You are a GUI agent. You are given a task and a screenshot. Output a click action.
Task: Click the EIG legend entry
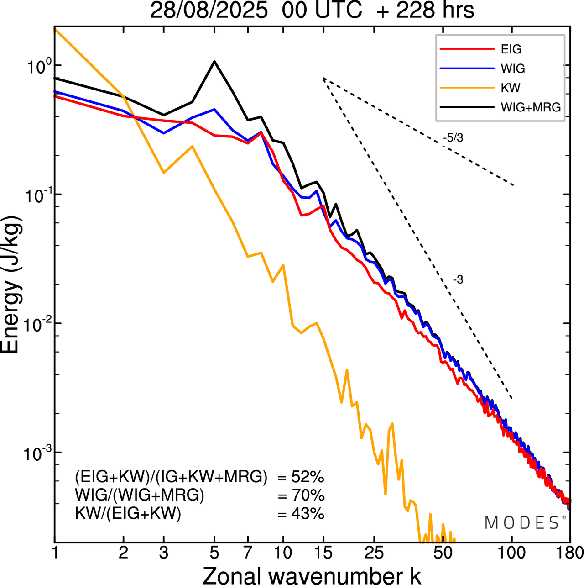click(511, 49)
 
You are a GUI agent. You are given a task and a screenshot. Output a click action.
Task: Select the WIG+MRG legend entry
click(530, 107)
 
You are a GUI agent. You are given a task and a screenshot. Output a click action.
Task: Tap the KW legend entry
click(510, 88)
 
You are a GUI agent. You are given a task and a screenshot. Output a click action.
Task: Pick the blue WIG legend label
click(512, 69)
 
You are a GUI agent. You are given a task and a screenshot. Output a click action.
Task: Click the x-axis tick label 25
click(374, 553)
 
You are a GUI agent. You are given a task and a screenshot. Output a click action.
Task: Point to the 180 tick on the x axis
click(570, 553)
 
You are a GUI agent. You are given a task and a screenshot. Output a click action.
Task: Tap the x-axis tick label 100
click(512, 553)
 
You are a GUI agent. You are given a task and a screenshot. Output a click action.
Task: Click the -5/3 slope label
click(453, 138)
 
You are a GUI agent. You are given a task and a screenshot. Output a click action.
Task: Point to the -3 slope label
click(458, 280)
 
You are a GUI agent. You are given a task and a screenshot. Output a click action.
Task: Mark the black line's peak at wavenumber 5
click(214, 61)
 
